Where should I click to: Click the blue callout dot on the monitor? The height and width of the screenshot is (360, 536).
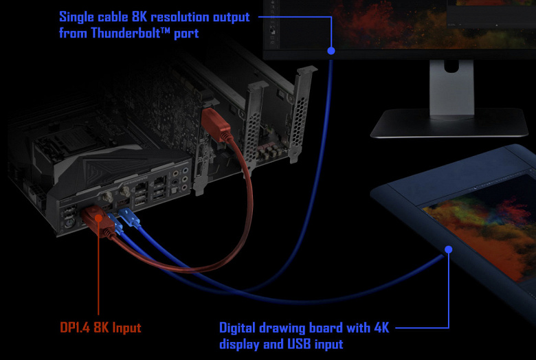pyautogui.click(x=331, y=50)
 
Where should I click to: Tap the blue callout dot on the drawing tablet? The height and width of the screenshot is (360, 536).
pyautogui.click(x=448, y=248)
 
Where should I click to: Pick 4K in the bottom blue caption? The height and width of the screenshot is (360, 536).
pyautogui.click(x=381, y=328)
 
